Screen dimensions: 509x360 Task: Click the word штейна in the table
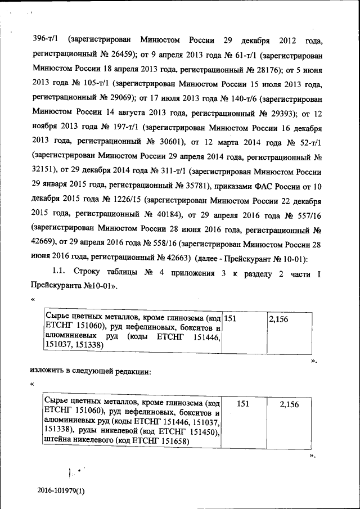(58, 441)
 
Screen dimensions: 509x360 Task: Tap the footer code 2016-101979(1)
(61, 491)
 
